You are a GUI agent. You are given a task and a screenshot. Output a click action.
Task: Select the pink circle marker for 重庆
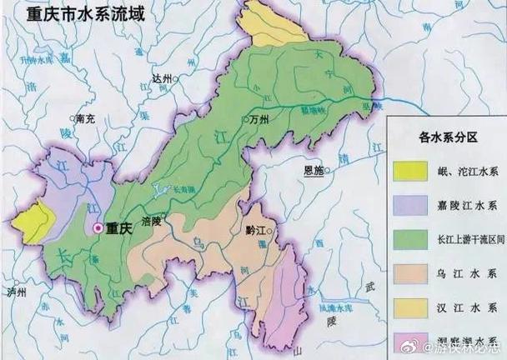pos(98,227)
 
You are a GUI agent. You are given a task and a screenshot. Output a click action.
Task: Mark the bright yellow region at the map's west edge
pos(34,222)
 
